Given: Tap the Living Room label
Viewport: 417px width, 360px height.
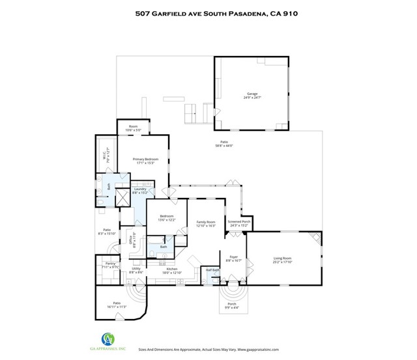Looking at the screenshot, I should [281, 258].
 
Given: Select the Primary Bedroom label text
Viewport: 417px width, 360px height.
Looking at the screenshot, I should [146, 159].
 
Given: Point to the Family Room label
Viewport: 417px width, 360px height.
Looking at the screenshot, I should [206, 222].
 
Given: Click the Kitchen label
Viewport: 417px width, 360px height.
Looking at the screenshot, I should [171, 269].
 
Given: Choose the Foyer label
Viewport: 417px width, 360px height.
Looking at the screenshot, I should [233, 257].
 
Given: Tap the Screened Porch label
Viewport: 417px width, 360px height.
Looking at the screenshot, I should [238, 221].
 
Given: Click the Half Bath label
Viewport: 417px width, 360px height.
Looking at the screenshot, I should [212, 270].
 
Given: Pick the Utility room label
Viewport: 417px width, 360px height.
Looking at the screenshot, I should [136, 269].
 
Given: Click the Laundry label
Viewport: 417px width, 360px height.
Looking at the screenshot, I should [140, 189].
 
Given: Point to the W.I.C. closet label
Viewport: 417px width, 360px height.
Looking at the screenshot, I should [103, 156].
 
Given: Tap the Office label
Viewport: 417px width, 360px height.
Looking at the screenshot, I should [130, 238].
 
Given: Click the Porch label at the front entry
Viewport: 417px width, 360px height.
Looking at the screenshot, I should [231, 303].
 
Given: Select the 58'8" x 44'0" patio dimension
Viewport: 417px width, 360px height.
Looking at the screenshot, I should [223, 146].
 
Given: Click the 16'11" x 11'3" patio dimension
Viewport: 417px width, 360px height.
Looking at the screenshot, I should [117, 306].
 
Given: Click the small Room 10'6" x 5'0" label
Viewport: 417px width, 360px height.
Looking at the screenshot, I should [133, 128].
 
